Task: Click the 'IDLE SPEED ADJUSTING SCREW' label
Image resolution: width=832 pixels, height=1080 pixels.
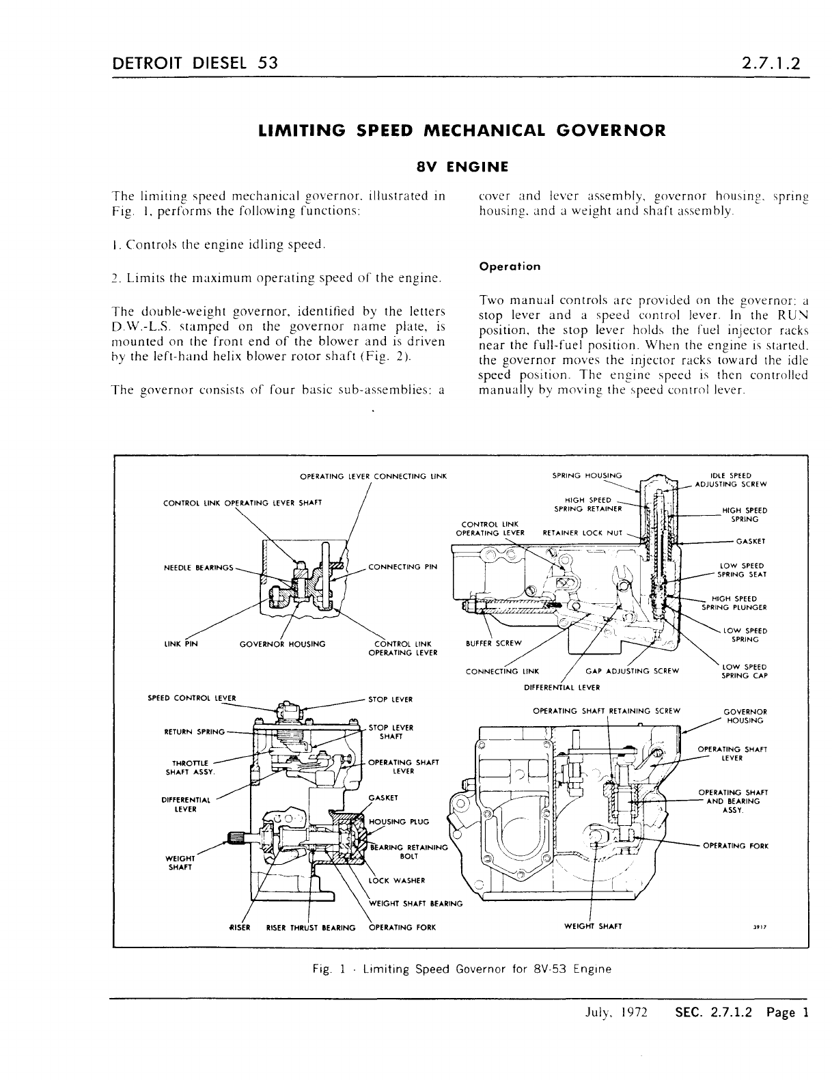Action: (730, 480)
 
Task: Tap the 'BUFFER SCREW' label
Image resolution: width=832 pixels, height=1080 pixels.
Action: (493, 643)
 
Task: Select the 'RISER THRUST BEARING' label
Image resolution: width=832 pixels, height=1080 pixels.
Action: (311, 927)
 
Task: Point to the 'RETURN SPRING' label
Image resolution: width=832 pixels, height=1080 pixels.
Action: (195, 732)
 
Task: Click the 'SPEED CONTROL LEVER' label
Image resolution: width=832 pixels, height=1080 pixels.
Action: (191, 698)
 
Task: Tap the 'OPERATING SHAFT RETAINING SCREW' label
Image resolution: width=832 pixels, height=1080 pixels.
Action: (606, 710)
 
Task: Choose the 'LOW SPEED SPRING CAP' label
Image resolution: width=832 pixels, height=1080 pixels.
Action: (744, 671)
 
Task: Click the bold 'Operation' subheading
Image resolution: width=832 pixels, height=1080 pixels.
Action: (510, 266)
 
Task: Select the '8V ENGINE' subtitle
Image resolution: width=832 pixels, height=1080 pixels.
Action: (462, 166)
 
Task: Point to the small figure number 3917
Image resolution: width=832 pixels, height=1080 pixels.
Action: (757, 928)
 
